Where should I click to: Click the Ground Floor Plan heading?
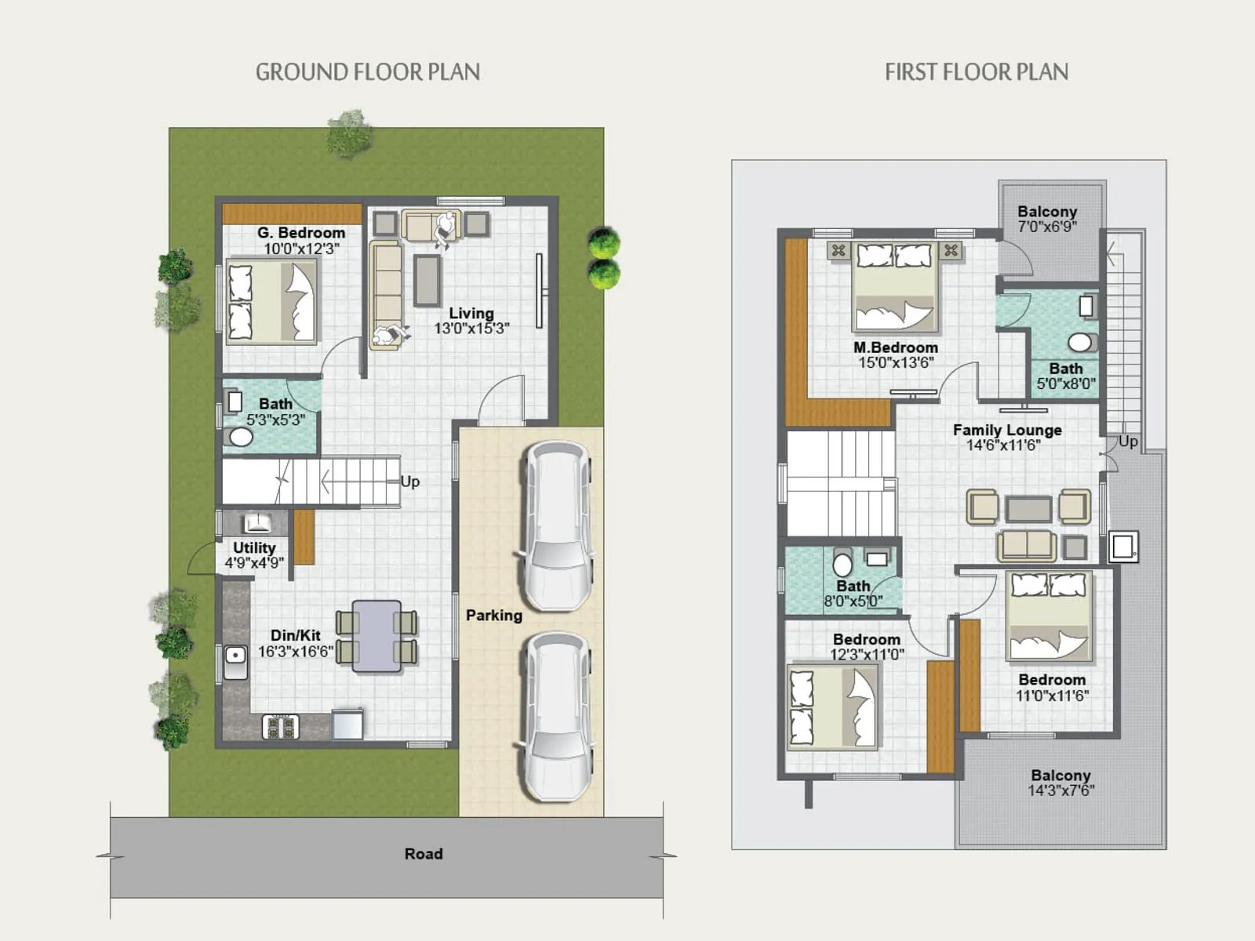(x=367, y=72)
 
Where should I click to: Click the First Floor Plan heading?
(x=976, y=72)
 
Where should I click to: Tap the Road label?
(x=424, y=854)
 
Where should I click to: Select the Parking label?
(x=493, y=616)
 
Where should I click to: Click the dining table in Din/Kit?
(x=376, y=636)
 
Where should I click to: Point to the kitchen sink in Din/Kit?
(x=235, y=662)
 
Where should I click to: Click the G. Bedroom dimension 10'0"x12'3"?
(x=301, y=249)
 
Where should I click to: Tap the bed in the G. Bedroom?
(x=272, y=302)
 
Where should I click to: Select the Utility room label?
(x=254, y=547)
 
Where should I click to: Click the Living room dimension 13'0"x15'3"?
(x=471, y=329)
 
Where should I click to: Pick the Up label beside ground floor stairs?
(x=409, y=481)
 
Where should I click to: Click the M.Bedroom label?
(x=895, y=347)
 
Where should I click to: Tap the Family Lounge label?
(x=1007, y=430)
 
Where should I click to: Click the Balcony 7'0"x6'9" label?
(x=1046, y=212)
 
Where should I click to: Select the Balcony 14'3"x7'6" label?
(x=1060, y=776)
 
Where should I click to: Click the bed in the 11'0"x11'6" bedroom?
(x=1049, y=616)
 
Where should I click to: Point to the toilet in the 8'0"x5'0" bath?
(x=842, y=564)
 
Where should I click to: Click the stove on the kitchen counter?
(x=280, y=726)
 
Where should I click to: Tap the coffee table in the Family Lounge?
(x=1028, y=509)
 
